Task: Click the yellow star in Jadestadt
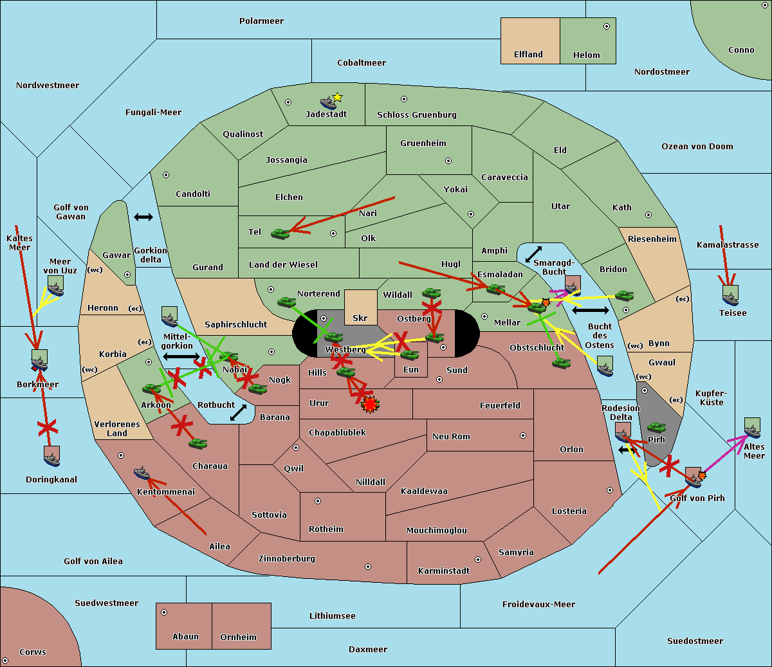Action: pyautogui.click(x=337, y=98)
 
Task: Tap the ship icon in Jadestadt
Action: pyautogui.click(x=328, y=103)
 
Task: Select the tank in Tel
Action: pyautogui.click(x=280, y=233)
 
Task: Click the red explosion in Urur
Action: pyautogui.click(x=370, y=405)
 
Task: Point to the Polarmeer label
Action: pyautogui.click(x=261, y=21)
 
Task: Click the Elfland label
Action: pyautogui.click(x=528, y=55)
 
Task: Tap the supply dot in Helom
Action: pyautogui.click(x=607, y=26)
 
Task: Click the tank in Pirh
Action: pyautogui.click(x=656, y=427)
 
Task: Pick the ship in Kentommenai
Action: pyautogui.click(x=142, y=473)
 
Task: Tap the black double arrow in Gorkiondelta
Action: pyautogui.click(x=143, y=217)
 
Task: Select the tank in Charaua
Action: pyautogui.click(x=198, y=444)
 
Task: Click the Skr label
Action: pyautogui.click(x=360, y=318)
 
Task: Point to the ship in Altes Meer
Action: pyautogui.click(x=752, y=428)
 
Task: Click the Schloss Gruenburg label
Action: pyautogui.click(x=417, y=114)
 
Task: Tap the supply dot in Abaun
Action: pyautogui.click(x=163, y=612)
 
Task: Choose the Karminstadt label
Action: pyautogui.click(x=444, y=571)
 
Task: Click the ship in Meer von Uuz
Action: pyautogui.click(x=56, y=286)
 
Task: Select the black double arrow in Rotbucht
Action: pyautogui.click(x=238, y=413)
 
